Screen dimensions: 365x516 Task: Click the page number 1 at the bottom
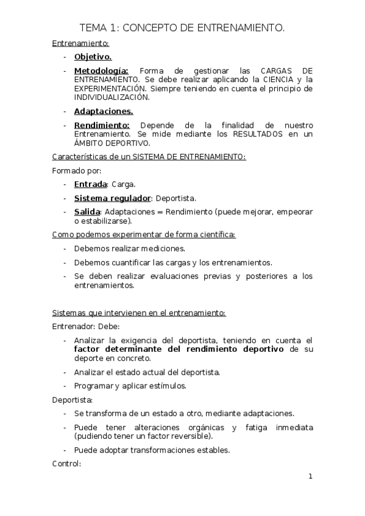click(x=310, y=476)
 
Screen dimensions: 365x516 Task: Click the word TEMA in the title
click(x=94, y=27)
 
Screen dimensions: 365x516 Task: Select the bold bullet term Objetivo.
click(x=93, y=57)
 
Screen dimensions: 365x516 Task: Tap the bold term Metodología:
click(x=101, y=71)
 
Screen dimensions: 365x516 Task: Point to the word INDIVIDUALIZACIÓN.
click(x=112, y=97)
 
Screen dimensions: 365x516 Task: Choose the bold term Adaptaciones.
click(x=103, y=111)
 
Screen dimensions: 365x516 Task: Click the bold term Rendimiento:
click(x=102, y=125)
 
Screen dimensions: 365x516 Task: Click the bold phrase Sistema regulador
click(x=112, y=198)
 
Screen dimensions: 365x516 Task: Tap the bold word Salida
click(x=87, y=212)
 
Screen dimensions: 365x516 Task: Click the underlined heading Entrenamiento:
click(x=80, y=43)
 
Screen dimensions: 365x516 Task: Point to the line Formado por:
click(x=76, y=170)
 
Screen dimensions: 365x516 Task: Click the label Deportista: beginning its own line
click(x=73, y=400)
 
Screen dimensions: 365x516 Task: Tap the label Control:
click(x=66, y=464)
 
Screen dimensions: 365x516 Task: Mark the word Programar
click(x=93, y=386)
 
